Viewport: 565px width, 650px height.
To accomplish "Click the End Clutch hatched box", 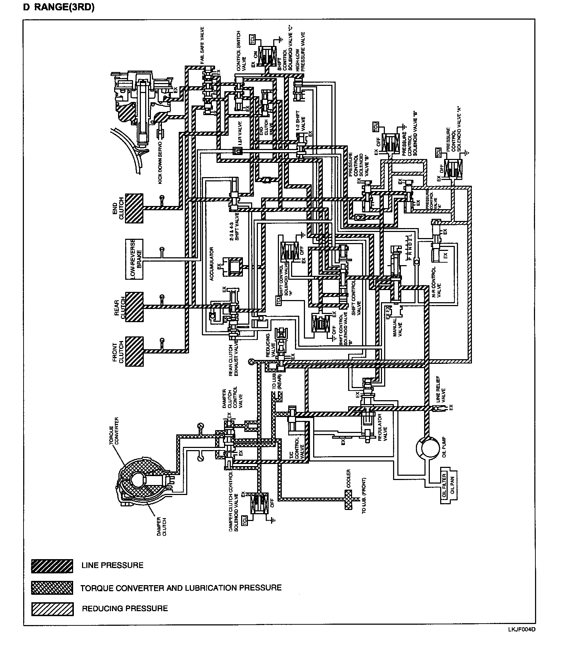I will [134, 208].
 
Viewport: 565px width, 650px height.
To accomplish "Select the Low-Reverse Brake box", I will [134, 259].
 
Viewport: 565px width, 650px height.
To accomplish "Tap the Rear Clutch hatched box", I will [134, 307].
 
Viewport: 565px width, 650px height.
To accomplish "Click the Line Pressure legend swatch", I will [52, 566].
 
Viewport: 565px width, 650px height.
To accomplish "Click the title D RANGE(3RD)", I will [59, 7].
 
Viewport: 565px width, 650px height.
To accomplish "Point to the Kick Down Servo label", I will [160, 162].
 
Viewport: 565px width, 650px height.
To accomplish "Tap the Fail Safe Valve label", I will [202, 45].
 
